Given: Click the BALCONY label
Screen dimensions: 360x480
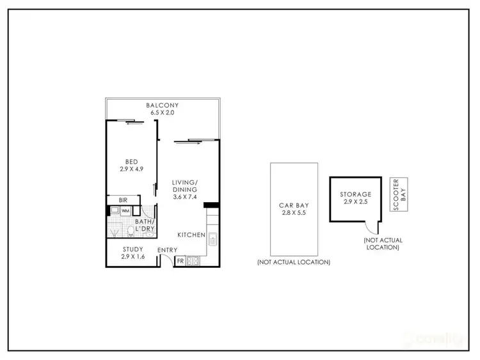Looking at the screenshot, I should tap(161, 105).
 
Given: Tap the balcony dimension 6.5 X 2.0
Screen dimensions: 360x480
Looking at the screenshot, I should tap(161, 113).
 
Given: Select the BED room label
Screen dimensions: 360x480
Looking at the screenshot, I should tap(132, 162).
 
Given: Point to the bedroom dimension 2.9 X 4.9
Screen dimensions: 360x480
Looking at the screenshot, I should tap(132, 170).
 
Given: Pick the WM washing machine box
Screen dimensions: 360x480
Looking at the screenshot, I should tap(126, 210).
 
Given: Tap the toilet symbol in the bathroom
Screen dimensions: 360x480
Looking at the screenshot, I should tap(131, 230).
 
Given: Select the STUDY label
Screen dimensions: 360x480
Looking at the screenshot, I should tap(132, 249).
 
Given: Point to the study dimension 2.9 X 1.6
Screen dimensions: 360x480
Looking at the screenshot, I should tap(132, 256).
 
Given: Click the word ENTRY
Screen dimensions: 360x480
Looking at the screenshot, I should tap(167, 249).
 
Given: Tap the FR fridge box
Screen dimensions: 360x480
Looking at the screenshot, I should tap(179, 261).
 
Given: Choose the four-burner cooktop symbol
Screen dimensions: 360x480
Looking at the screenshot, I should tap(191, 261).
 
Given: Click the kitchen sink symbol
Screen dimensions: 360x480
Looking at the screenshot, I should tap(213, 240).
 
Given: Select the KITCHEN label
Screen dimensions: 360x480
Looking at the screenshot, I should tap(191, 235).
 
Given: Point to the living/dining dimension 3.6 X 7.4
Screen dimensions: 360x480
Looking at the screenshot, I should tap(185, 197).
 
